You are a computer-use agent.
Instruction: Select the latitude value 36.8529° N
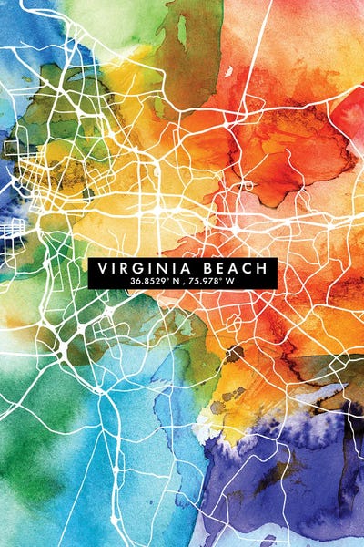point(156,282)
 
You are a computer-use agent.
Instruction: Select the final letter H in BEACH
point(263,268)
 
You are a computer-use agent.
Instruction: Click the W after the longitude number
point(230,282)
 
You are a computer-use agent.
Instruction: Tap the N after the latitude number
point(177,282)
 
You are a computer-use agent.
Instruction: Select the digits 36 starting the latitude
point(136,282)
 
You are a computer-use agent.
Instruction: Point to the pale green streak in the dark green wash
point(182,32)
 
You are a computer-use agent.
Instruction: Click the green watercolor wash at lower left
point(36,456)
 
